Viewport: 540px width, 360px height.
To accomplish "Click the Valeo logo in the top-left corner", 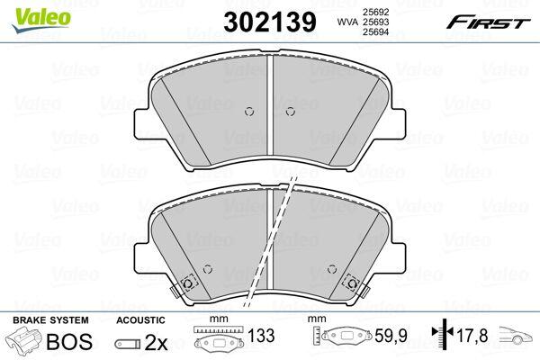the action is point(41,20).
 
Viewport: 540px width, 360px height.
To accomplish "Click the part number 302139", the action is point(270,22).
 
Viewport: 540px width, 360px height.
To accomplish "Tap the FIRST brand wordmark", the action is point(488,22).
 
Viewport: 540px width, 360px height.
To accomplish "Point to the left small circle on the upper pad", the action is point(249,112).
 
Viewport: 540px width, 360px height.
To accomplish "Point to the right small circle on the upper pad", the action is point(291,112).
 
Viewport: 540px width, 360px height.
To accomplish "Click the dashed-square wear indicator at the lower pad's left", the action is point(188,283).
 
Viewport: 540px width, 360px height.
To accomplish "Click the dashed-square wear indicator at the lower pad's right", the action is point(352,283).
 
